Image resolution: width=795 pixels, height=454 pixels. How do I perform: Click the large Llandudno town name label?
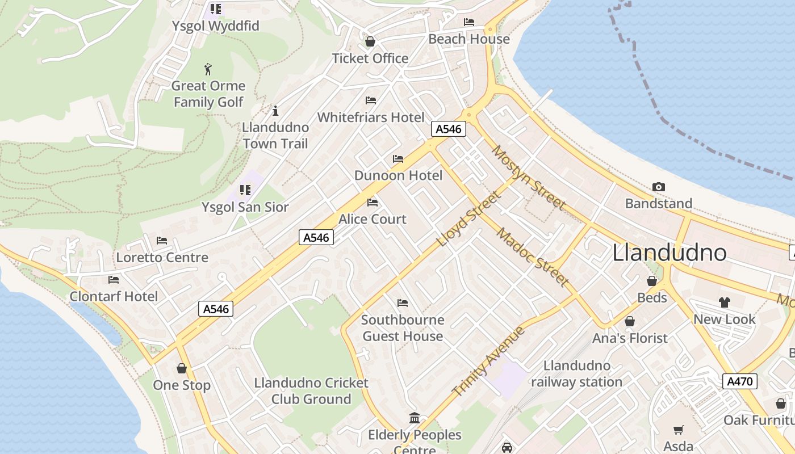(x=670, y=253)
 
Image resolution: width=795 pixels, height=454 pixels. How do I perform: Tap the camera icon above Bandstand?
(x=659, y=187)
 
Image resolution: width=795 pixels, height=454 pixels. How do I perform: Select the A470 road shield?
(x=740, y=381)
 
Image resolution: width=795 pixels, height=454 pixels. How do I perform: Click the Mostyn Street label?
(x=529, y=177)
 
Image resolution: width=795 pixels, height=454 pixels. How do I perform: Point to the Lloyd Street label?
(x=469, y=219)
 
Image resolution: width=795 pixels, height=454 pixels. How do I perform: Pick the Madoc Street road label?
(x=532, y=257)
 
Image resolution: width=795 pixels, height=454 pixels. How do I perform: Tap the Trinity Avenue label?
(x=488, y=361)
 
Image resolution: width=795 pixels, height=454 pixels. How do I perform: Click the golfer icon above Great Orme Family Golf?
(x=208, y=70)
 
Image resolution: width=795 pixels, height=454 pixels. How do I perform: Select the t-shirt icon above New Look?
(x=724, y=302)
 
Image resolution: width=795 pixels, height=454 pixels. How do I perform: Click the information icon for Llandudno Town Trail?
(x=275, y=111)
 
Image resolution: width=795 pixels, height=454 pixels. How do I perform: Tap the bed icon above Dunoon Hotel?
(x=398, y=159)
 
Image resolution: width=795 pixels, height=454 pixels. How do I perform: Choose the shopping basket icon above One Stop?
(x=182, y=368)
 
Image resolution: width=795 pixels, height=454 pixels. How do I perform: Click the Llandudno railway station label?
(x=577, y=374)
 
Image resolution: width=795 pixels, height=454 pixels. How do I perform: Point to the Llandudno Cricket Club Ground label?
(x=311, y=391)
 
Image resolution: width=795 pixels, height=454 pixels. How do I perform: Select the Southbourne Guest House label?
(x=403, y=328)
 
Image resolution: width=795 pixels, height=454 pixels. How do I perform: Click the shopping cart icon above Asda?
(x=678, y=430)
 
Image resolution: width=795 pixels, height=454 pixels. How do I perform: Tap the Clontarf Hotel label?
(x=114, y=296)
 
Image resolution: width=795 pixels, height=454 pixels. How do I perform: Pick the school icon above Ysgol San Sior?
(x=245, y=190)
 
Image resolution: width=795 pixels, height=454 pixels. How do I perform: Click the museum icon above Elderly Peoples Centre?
(x=415, y=418)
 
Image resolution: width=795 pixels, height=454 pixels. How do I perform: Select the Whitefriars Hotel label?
(x=371, y=117)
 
